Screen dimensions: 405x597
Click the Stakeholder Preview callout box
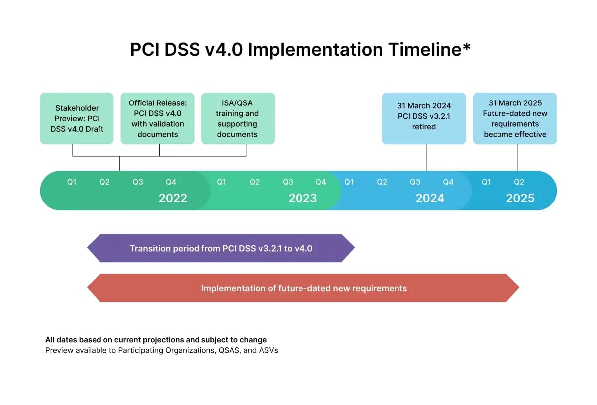(x=77, y=118)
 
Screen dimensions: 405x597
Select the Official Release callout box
(x=157, y=118)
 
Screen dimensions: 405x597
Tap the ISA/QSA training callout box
(x=237, y=118)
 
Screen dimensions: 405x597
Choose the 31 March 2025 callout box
(x=514, y=118)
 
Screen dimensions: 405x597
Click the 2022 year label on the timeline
(x=173, y=198)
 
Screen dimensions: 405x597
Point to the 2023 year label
(x=302, y=198)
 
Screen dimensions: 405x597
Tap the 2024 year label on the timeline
(x=430, y=198)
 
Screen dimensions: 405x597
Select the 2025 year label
(x=520, y=198)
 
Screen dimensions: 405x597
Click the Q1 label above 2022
(x=72, y=182)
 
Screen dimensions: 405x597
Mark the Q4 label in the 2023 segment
(x=321, y=182)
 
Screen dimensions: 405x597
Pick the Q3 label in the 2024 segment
(x=415, y=182)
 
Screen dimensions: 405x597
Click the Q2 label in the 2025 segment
(x=519, y=182)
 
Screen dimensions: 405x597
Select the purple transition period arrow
(x=221, y=248)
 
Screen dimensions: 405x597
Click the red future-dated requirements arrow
(x=303, y=288)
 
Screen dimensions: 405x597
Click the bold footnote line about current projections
(x=156, y=340)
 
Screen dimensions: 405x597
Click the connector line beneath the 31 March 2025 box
(x=517, y=158)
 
